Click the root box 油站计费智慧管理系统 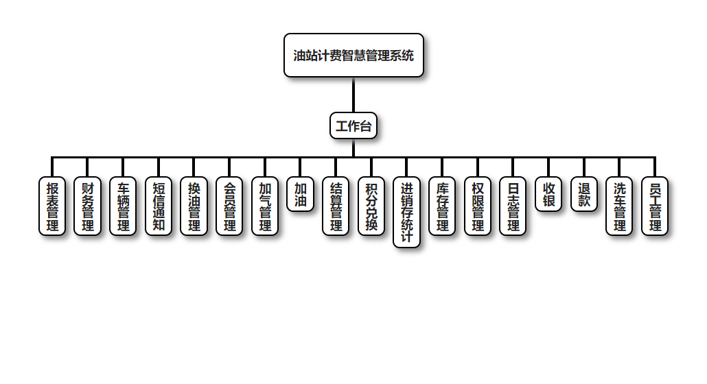[x=353, y=56]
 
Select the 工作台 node [x=353, y=125]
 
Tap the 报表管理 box [x=52, y=206]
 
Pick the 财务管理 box [x=88, y=206]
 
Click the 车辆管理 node [x=123, y=206]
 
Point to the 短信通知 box [x=159, y=206]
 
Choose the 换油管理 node [x=194, y=206]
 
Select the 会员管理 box [x=229, y=206]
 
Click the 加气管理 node [x=265, y=206]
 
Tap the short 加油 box [x=300, y=194]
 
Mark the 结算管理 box [x=336, y=206]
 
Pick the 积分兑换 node [x=371, y=206]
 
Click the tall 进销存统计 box [x=406, y=212]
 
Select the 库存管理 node [x=442, y=206]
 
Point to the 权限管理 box [x=478, y=206]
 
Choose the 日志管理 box [x=513, y=206]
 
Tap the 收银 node [x=548, y=194]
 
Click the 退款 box [x=584, y=194]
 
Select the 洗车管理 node [x=619, y=206]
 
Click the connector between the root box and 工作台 [x=353, y=95]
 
